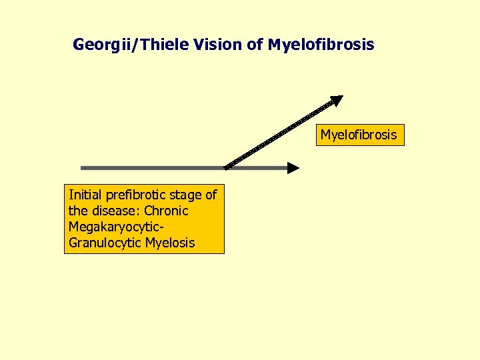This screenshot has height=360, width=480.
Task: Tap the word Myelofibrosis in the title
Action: (321, 45)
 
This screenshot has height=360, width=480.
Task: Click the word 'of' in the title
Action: (257, 45)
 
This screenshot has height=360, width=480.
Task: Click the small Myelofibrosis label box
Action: (359, 135)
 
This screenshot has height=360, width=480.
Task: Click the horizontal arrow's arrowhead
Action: (293, 168)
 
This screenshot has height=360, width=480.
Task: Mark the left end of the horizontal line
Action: (81, 167)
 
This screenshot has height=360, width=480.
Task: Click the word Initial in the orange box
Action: (84, 195)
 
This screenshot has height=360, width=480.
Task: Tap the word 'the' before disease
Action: (78, 211)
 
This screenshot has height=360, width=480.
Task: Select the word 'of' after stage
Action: (211, 195)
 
